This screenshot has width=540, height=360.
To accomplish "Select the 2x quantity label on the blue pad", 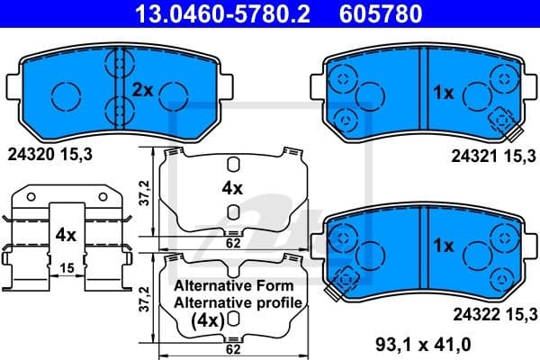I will click(x=144, y=90).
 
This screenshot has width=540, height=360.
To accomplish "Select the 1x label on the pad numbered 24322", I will click(x=443, y=245).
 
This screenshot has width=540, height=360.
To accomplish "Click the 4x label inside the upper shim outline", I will click(x=232, y=188).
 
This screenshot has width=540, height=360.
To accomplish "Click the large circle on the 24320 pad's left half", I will click(x=66, y=93).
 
